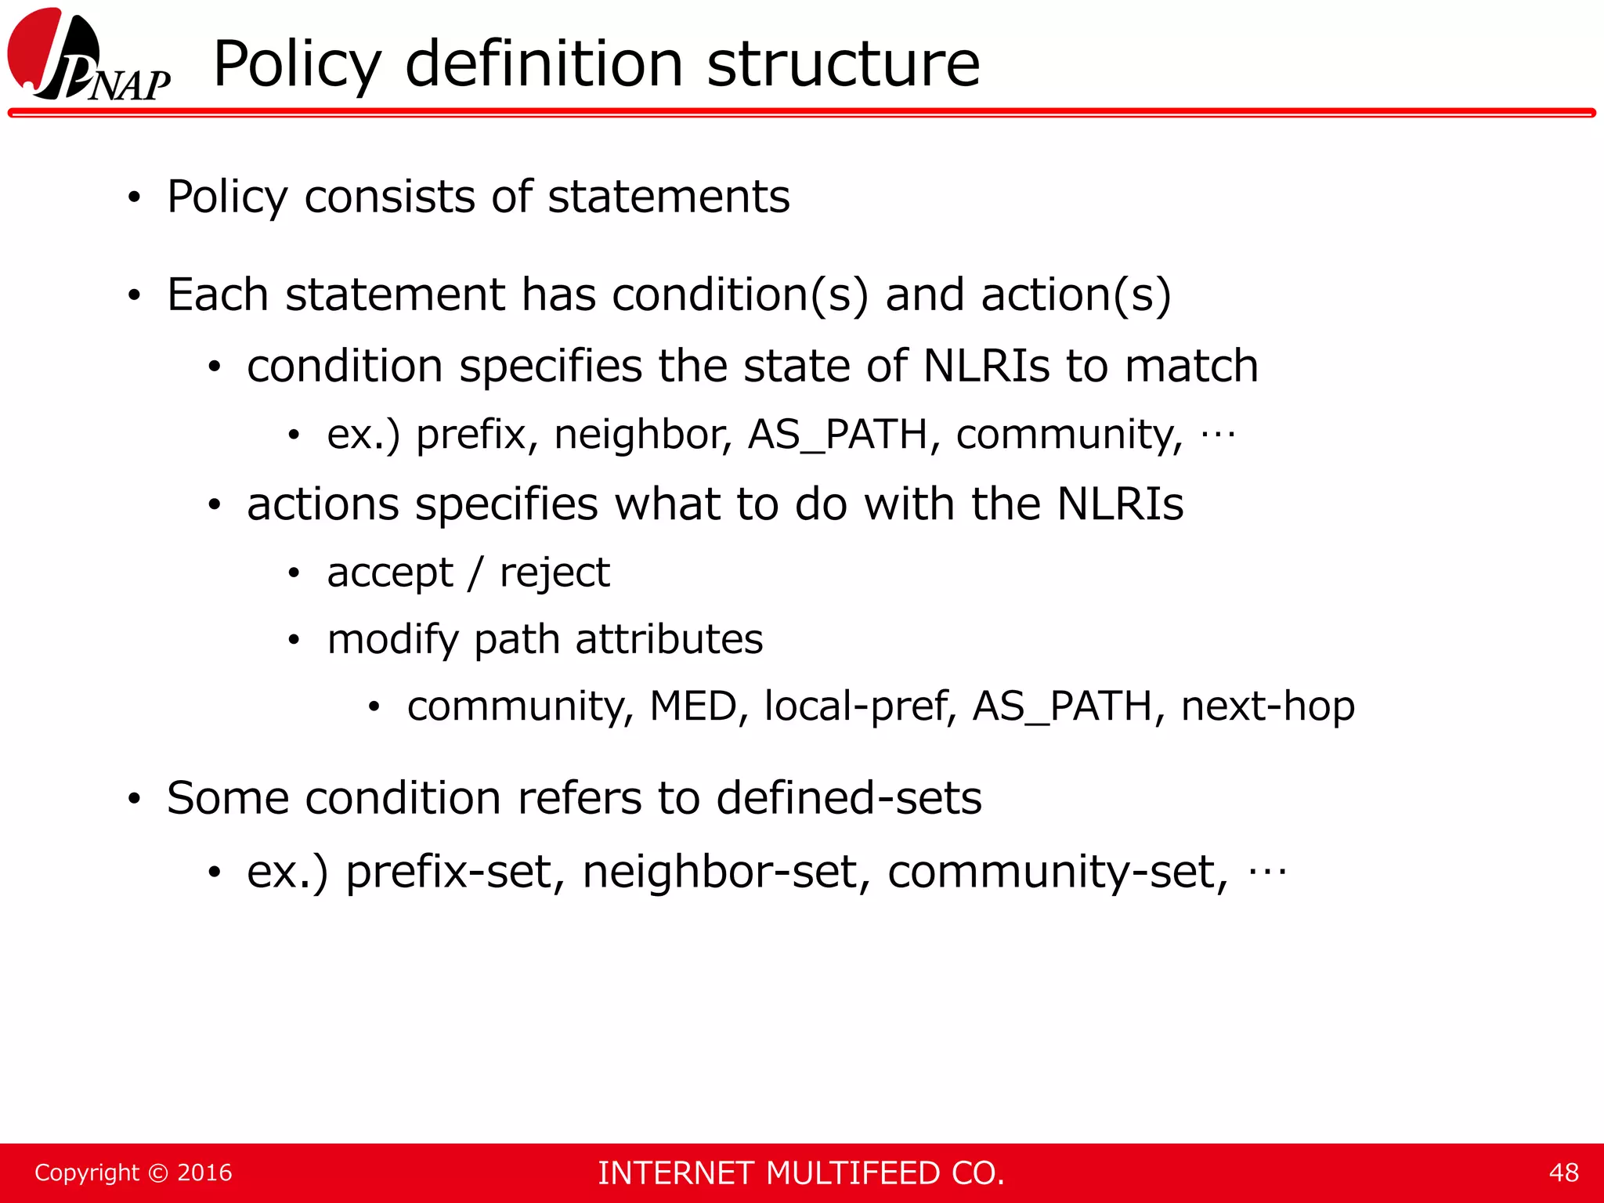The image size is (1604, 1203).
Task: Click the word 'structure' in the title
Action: (x=843, y=64)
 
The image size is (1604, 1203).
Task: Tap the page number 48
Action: (x=1563, y=1172)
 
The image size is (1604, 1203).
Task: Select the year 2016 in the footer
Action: (x=204, y=1172)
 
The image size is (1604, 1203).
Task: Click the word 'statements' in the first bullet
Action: (x=669, y=197)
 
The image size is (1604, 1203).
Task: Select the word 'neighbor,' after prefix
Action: (x=643, y=435)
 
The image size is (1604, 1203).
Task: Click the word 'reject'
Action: (x=555, y=573)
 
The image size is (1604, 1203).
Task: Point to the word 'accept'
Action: (x=390, y=573)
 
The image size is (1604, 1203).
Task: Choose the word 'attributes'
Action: (x=669, y=639)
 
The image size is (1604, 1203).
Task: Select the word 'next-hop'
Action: (x=1267, y=706)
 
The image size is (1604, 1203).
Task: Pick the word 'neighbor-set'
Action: (x=721, y=872)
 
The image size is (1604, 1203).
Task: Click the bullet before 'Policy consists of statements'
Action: (x=135, y=198)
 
